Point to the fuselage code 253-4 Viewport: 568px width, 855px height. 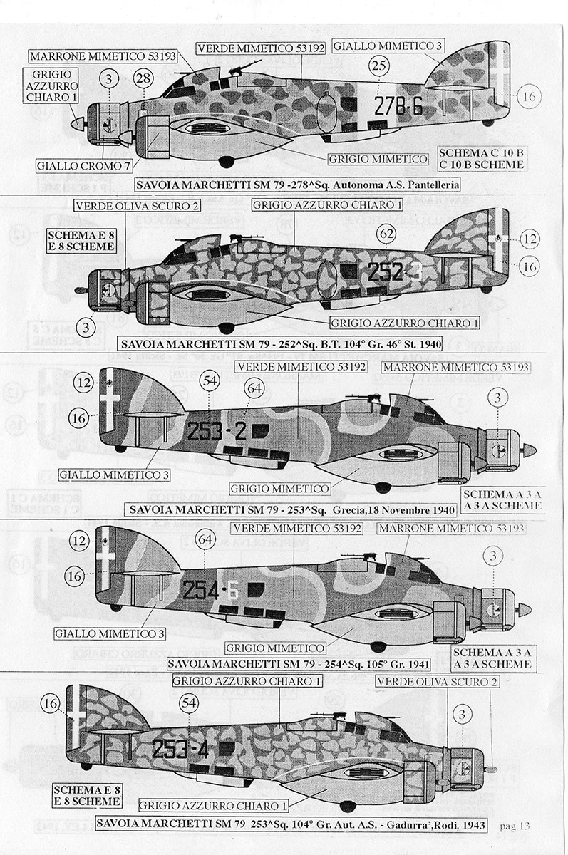tap(180, 749)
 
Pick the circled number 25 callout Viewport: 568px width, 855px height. tap(379, 66)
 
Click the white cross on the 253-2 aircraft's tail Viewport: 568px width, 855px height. tap(109, 398)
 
